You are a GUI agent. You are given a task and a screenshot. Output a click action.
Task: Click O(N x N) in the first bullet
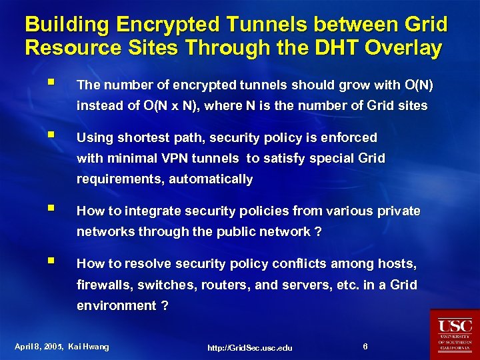click(165, 105)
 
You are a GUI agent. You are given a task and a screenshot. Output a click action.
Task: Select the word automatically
click(211, 179)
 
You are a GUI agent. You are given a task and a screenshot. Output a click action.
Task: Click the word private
click(397, 211)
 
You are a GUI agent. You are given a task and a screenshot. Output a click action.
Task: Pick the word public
click(243, 231)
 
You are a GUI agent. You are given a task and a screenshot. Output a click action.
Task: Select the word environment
click(114, 305)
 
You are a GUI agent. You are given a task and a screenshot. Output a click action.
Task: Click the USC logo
click(455, 333)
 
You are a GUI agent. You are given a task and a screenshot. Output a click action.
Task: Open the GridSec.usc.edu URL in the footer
click(249, 347)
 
